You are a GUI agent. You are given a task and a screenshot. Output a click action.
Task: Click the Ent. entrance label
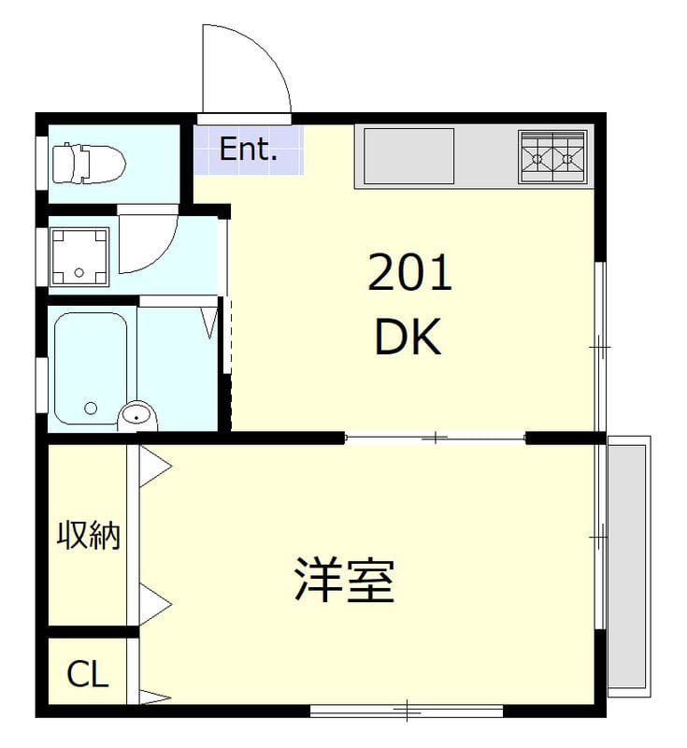coord(248,149)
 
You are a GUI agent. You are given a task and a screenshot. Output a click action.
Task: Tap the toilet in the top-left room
coord(88,163)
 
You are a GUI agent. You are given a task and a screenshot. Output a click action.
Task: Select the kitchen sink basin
coord(408,156)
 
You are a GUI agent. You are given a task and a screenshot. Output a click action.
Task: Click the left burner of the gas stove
coord(537,158)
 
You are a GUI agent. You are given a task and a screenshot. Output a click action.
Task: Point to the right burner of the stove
coord(568,158)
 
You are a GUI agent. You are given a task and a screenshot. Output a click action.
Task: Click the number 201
coord(409,273)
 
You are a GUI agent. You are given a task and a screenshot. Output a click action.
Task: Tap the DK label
coord(408,338)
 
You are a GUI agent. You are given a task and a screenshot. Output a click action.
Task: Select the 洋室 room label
coord(344,580)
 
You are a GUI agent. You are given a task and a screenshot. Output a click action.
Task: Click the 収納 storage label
coord(88,535)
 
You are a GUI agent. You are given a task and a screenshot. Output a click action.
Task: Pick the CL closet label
coord(88,674)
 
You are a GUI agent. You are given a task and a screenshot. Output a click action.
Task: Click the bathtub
coord(91,368)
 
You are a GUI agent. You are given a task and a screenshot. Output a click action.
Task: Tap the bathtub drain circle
coord(91,408)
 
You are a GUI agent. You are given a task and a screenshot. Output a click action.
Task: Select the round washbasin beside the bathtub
coord(137,416)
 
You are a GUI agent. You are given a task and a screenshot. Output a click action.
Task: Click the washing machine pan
coord(79,257)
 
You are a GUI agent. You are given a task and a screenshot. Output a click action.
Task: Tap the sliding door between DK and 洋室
coord(435,438)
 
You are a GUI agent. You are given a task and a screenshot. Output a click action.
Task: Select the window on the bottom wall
coord(407,712)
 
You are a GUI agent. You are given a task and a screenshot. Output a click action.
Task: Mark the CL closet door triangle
coord(154,698)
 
